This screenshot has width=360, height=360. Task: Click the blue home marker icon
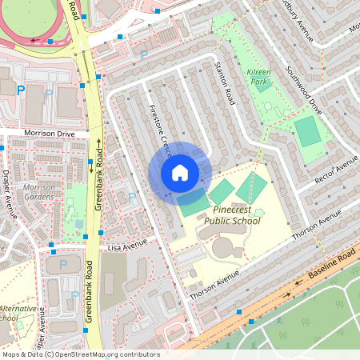pos(180,172)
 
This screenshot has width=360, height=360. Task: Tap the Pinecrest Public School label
pos(232,214)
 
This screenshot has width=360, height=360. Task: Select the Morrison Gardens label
pos(39,192)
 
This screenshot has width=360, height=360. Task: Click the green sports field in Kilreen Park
pos(307,131)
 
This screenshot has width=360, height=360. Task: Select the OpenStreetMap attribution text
pos(81,354)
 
